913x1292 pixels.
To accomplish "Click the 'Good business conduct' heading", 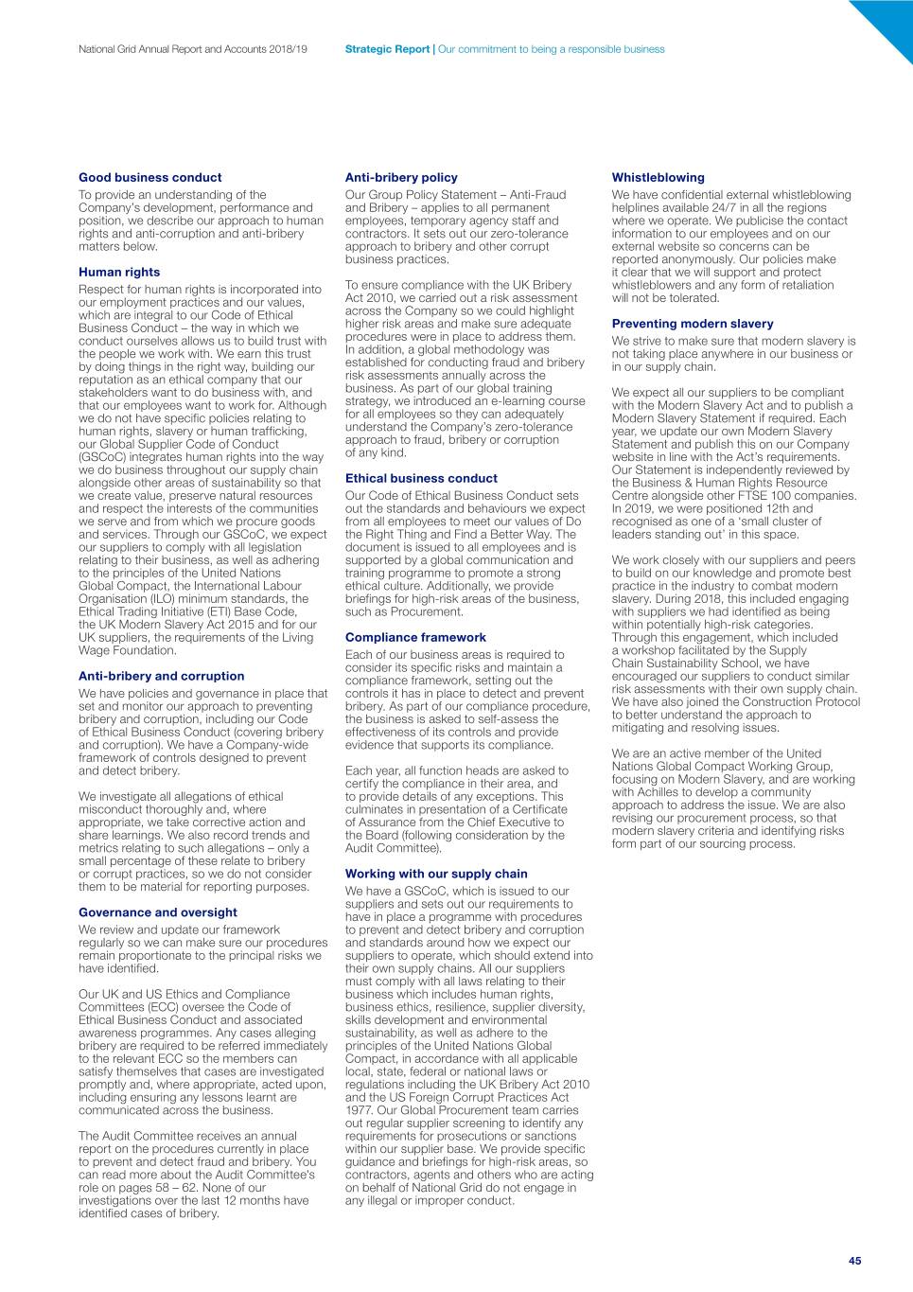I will tap(149, 177).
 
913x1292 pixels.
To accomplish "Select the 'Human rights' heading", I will tap(119, 272).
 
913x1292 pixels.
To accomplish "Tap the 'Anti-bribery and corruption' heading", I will tap(161, 676).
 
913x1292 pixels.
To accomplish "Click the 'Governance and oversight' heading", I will tap(158, 912).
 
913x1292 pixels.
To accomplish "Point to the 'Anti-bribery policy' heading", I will tap(401, 177).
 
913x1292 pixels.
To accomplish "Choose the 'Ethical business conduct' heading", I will tap(421, 478).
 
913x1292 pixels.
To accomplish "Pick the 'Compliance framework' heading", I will tap(415, 637).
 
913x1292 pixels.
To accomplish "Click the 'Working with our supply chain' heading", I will tap(436, 874).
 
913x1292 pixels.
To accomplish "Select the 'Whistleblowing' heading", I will tap(658, 177).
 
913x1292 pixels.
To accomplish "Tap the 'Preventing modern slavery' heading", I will tap(693, 323).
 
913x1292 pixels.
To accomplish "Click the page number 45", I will tap(854, 1261).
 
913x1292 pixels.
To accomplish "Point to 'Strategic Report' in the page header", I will tap(387, 49).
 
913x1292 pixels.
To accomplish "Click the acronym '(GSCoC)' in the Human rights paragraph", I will tap(103, 457).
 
